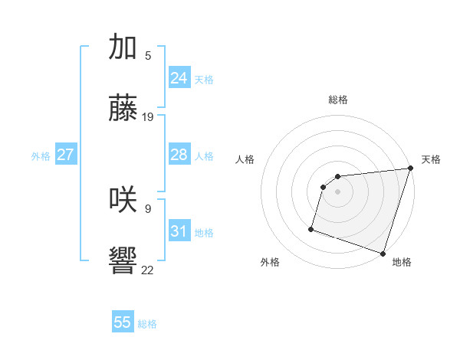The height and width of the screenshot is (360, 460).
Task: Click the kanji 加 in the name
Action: click(123, 47)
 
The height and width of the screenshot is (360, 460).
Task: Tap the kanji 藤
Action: click(123, 109)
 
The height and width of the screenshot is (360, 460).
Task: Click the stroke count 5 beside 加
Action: click(148, 56)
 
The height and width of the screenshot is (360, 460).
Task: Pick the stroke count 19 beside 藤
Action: click(148, 117)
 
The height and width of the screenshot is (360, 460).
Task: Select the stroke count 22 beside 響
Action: click(148, 270)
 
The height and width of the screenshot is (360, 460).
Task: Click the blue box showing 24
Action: click(179, 78)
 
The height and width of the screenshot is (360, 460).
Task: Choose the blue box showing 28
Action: click(179, 155)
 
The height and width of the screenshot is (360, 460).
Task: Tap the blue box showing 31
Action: click(179, 231)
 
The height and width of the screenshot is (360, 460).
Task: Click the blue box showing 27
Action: click(65, 155)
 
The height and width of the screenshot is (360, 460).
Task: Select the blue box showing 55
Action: click(123, 322)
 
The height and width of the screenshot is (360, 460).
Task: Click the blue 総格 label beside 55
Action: click(147, 324)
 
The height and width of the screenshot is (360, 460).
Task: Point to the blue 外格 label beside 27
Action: click(41, 156)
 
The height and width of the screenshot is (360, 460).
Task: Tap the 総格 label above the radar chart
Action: click(338, 100)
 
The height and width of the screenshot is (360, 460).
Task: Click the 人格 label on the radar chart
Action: click(245, 159)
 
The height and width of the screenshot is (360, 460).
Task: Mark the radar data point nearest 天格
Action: click(410, 169)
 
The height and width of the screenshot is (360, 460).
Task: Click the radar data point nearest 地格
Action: click(383, 253)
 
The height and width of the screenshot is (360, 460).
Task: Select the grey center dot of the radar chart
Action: click(338, 192)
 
